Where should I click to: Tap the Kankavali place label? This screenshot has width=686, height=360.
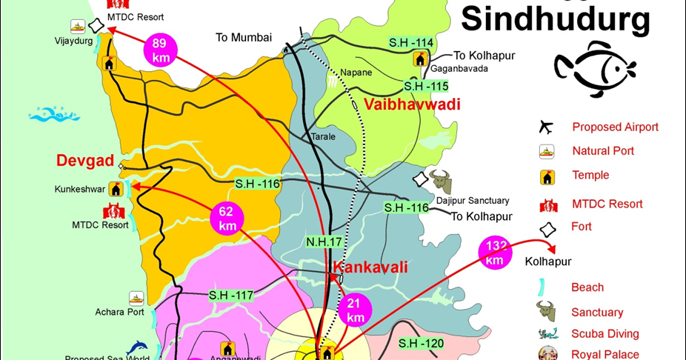pyautogui.click(x=370, y=267)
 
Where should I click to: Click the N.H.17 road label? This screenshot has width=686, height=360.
pyautogui.click(x=324, y=241)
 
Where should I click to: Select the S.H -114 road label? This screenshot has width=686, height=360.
pyautogui.click(x=412, y=42)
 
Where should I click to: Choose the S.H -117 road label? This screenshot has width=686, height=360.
pyautogui.click(x=231, y=295)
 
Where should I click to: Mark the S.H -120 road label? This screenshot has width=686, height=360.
pyautogui.click(x=421, y=343)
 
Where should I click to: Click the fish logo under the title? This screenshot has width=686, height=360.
pyautogui.click(x=595, y=69)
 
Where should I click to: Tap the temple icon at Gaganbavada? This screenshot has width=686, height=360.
pyautogui.click(x=421, y=59)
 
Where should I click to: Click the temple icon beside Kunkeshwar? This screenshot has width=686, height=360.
pyautogui.click(x=115, y=188)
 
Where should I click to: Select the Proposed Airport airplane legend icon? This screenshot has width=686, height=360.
pyautogui.click(x=547, y=127)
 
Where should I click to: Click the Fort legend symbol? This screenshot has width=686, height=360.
pyautogui.click(x=547, y=229)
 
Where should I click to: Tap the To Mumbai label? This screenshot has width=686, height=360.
pyautogui.click(x=244, y=37)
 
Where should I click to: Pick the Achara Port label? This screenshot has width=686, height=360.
pyautogui.click(x=119, y=312)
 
